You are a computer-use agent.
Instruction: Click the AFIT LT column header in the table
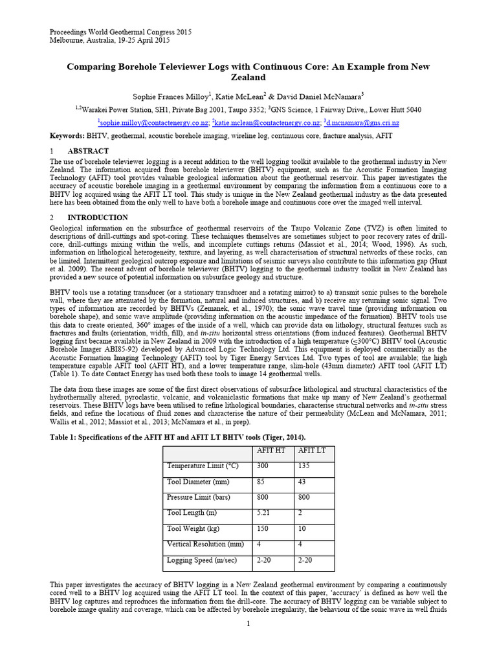[x=313, y=451]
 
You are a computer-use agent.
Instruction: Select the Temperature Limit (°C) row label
[x=203, y=466]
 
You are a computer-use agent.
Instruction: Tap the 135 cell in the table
[x=304, y=466]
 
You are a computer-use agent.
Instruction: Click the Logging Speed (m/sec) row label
[x=202, y=560]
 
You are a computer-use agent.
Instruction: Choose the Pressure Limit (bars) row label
[x=199, y=497]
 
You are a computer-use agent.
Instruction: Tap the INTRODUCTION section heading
[x=98, y=218]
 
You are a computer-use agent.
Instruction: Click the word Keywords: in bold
[x=67, y=137]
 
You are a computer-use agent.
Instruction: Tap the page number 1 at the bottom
[x=248, y=624]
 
